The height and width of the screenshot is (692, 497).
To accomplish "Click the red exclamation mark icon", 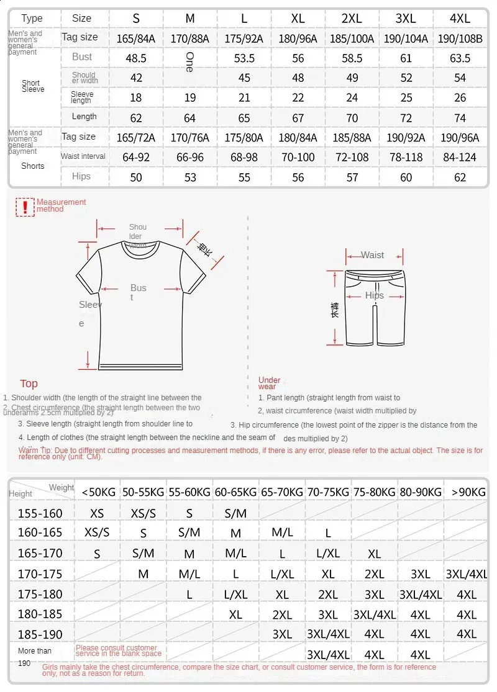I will click(x=25, y=207).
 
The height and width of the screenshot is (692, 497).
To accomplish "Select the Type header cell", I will click(x=32, y=19).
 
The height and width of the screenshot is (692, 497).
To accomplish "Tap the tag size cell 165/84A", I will click(x=135, y=38).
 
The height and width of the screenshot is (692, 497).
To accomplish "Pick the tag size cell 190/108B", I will click(x=460, y=38).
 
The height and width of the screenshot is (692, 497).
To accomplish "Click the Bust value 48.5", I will click(x=135, y=58).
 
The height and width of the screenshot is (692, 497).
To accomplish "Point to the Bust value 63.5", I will click(x=460, y=58).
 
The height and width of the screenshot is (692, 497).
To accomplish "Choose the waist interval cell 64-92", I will click(x=135, y=158).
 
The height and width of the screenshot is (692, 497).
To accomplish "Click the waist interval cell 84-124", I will click(x=460, y=158).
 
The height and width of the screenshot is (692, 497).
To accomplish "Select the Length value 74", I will click(x=460, y=118).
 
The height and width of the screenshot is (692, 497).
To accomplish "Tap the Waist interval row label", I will click(x=83, y=156).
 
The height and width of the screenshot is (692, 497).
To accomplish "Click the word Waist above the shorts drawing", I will click(x=372, y=255).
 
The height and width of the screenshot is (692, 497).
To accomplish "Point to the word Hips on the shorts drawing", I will click(x=375, y=295).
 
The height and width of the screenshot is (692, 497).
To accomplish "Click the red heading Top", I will click(x=29, y=384).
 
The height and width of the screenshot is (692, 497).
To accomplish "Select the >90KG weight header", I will click(x=468, y=492).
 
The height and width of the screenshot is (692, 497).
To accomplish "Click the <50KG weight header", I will click(x=98, y=492).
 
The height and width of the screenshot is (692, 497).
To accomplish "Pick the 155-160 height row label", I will click(x=40, y=513).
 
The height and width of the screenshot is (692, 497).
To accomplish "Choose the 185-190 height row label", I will click(x=40, y=634).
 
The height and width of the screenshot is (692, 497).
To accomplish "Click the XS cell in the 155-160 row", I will click(x=98, y=513).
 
